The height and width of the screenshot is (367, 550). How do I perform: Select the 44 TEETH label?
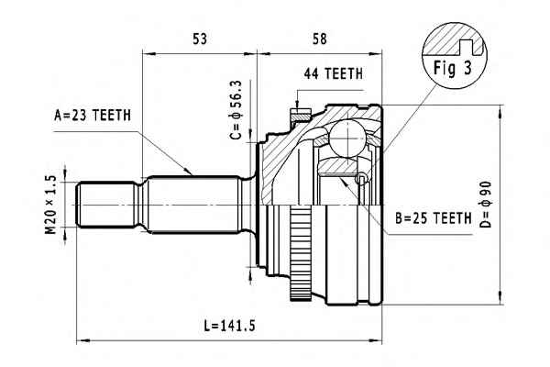pos(333,73)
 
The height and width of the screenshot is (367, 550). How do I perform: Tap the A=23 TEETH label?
pos(93,115)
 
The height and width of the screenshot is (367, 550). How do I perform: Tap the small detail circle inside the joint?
pos(362,179)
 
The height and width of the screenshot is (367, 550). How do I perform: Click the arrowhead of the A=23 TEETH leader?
pos(191,172)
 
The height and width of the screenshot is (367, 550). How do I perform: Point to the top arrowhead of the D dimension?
pos(500,112)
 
